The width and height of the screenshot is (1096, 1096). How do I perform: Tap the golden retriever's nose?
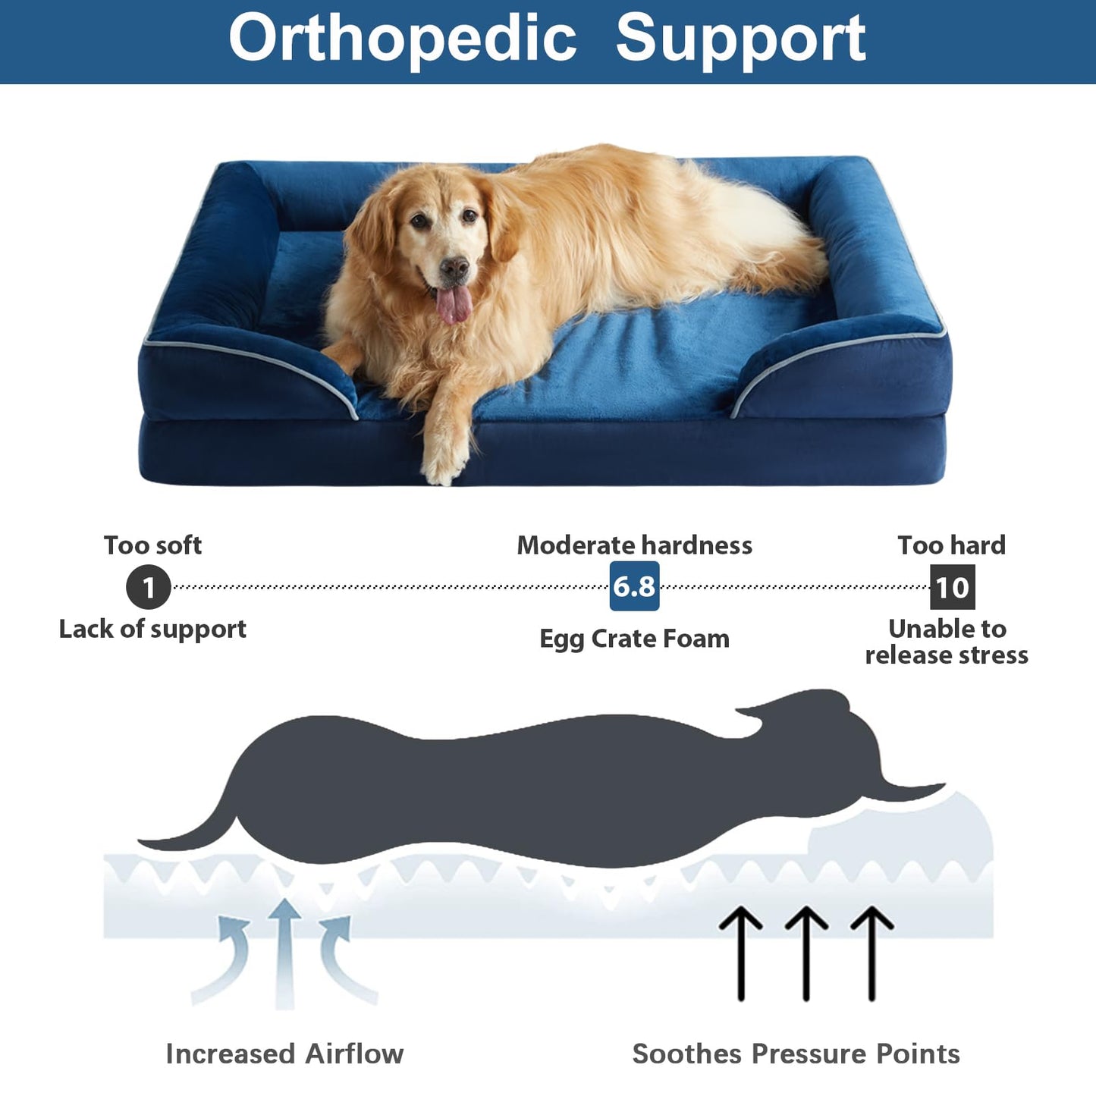(454, 268)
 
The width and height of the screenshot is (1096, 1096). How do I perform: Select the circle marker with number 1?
(148, 586)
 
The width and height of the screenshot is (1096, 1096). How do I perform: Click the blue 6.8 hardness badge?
(634, 586)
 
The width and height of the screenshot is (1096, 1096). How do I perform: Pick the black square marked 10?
(952, 587)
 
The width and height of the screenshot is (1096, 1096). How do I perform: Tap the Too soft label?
(152, 545)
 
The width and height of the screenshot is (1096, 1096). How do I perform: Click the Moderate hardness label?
(634, 545)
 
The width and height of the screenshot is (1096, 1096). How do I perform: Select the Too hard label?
(951, 545)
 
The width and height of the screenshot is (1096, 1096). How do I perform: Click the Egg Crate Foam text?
(634, 639)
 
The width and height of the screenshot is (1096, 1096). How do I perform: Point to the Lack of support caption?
(152, 629)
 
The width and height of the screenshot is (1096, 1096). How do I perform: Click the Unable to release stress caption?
(947, 642)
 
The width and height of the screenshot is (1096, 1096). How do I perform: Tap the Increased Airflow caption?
(284, 1054)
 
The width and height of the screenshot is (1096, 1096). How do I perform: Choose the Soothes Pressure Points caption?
(796, 1054)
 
